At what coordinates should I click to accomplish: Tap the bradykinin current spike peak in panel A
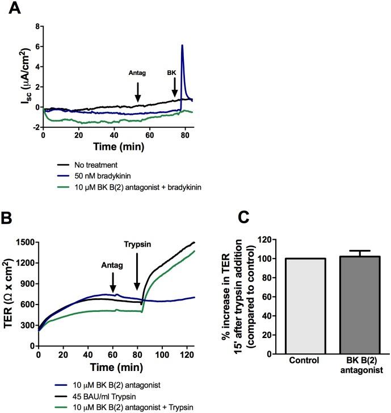tap(182, 45)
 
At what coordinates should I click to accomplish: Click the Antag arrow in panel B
tap(113, 279)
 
